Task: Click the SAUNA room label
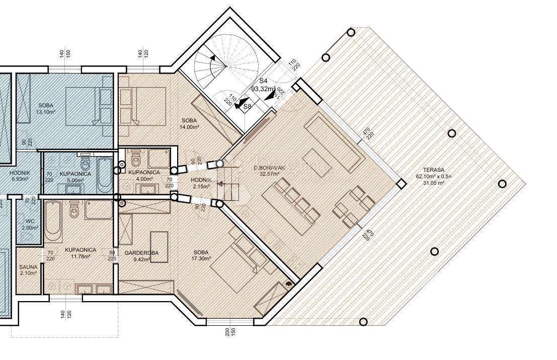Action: pos(28,267)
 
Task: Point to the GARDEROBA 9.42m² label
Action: pos(142,253)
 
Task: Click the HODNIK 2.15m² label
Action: pos(201,183)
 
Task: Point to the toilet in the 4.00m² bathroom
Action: pos(135,160)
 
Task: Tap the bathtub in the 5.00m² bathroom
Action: pos(104,174)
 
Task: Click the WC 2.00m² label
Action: pos(28,224)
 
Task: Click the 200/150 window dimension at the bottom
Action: pos(230,332)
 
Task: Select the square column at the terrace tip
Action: pos(401,184)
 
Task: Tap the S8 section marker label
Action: pos(247,106)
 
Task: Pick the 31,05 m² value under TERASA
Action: pos(434,183)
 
